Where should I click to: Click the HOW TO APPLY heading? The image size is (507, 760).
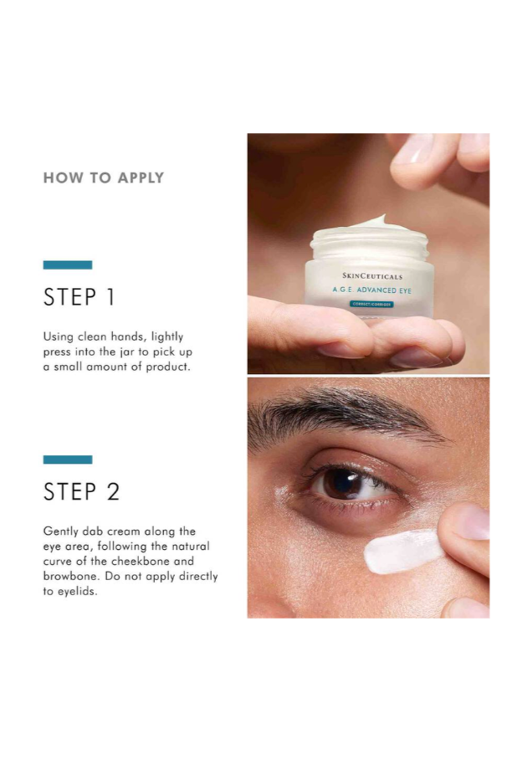coord(103,177)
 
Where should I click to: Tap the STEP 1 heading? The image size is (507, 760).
coord(79,297)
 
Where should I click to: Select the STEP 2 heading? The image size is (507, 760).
coord(81,492)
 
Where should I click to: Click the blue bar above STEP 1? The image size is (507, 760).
coord(68,265)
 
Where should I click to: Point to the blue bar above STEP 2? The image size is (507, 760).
coord(68,460)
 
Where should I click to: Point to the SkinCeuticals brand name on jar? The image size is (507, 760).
coord(371,275)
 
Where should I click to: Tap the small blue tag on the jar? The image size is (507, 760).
coord(370,305)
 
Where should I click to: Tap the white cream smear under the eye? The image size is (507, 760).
coord(402,551)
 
